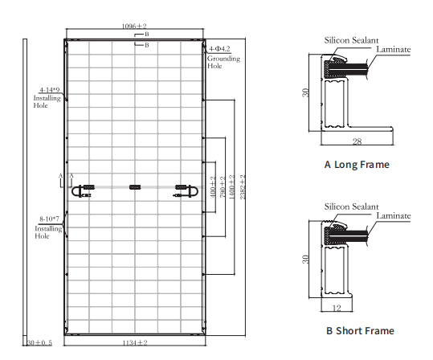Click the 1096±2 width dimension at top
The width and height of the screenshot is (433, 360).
click(x=134, y=27)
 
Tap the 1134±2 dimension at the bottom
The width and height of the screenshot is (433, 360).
click(x=135, y=343)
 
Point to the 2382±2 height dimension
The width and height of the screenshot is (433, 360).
click(x=243, y=187)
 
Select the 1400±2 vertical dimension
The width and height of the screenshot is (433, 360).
click(x=231, y=187)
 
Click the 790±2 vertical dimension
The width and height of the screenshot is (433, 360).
click(x=223, y=187)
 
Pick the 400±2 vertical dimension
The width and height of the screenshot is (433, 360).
click(x=213, y=187)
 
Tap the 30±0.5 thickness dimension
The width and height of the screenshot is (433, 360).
click(x=39, y=343)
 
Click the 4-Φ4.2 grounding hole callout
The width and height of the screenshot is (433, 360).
click(x=219, y=49)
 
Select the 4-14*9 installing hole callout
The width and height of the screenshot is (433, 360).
click(x=50, y=90)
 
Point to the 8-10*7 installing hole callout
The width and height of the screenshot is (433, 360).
click(x=50, y=219)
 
